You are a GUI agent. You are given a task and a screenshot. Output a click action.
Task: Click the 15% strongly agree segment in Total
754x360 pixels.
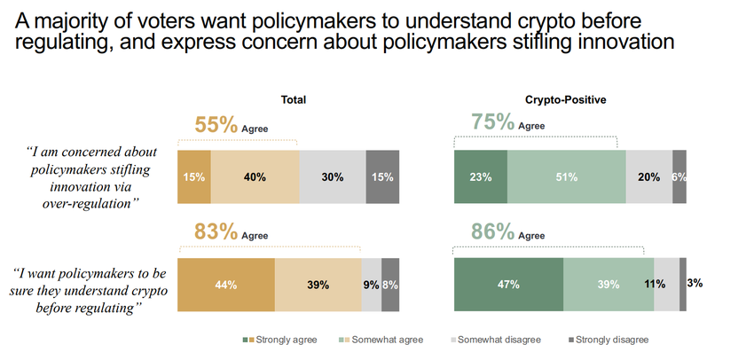tap(194, 176)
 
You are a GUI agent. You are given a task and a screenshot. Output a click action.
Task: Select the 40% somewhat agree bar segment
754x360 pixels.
tap(255, 176)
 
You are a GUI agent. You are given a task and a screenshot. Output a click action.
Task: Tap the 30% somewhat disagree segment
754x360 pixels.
tap(333, 176)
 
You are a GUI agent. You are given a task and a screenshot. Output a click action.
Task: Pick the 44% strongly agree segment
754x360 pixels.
tap(226, 285)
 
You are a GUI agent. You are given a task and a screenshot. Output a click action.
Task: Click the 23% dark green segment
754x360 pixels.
tap(480, 176)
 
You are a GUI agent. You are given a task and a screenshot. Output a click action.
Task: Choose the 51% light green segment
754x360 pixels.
tap(566, 176)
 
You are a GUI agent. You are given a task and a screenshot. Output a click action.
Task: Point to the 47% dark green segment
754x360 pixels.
tap(508, 285)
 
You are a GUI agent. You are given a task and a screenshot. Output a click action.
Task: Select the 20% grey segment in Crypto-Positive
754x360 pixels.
tap(648, 176)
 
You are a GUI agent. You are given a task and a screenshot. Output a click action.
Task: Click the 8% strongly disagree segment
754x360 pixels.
tap(390, 285)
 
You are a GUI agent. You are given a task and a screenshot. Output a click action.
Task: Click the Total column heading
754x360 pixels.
tap(293, 100)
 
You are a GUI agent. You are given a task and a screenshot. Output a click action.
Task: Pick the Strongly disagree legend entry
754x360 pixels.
tap(612, 340)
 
